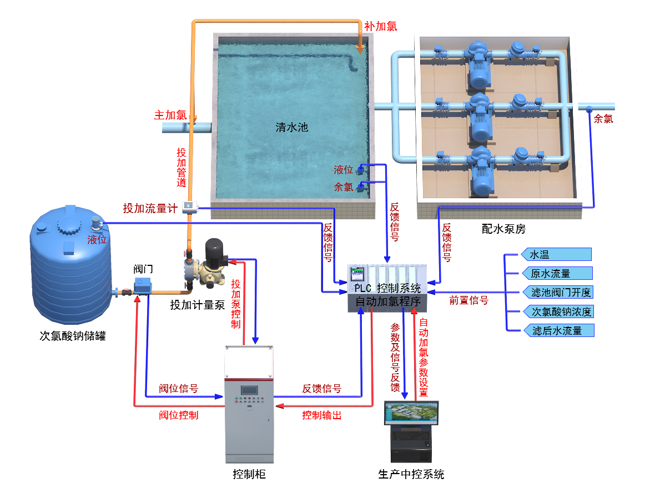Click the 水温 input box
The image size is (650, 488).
pyautogui.click(x=556, y=255)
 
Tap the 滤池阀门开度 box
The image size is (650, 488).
pyautogui.click(x=557, y=292)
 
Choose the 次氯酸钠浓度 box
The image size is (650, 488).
pyautogui.click(x=557, y=311)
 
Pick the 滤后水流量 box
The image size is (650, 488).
pyautogui.click(x=557, y=331)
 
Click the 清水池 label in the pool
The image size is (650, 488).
pyautogui.click(x=291, y=127)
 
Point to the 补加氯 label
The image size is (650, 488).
pyautogui.click(x=381, y=26)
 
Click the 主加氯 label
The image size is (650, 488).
pyautogui.click(x=170, y=115)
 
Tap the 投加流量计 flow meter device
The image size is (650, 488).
pyautogui.click(x=190, y=207)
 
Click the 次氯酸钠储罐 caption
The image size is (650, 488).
pyautogui.click(x=73, y=336)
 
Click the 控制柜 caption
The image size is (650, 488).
pyautogui.click(x=249, y=474)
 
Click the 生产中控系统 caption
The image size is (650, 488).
pyautogui.click(x=411, y=474)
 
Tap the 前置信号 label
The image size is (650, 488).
pyautogui.click(x=468, y=300)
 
